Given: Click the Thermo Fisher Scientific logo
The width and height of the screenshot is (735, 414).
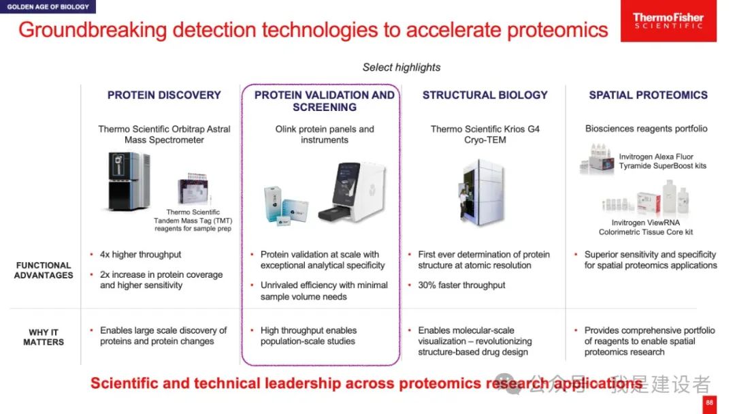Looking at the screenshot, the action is (668, 20).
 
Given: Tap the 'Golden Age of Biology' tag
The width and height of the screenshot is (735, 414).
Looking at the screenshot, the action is (48, 7).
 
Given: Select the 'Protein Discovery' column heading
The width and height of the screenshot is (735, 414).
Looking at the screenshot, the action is (164, 95).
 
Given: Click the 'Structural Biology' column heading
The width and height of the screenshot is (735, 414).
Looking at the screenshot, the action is (485, 95).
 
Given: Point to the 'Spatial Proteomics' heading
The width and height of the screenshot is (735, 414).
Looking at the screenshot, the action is (649, 95).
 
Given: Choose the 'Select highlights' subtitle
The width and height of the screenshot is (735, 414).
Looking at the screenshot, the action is (402, 67).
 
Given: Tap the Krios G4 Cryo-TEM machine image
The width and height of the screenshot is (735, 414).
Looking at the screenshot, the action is (482, 192).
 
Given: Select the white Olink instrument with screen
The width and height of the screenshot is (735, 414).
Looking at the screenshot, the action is (352, 192).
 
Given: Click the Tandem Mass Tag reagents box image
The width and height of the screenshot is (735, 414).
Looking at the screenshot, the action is (193, 189).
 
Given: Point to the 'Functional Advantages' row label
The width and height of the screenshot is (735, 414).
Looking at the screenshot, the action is (44, 270).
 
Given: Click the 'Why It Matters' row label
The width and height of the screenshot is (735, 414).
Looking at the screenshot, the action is (44, 337).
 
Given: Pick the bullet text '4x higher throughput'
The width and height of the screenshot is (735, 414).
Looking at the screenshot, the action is (140, 255).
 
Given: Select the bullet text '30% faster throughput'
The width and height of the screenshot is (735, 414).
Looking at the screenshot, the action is (461, 285).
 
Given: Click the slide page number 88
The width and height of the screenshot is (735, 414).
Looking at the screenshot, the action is (709, 403).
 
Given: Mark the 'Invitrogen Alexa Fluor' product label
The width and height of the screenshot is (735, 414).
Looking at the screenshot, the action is (656, 157).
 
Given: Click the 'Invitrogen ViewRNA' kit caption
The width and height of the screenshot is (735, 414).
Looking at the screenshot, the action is (645, 223).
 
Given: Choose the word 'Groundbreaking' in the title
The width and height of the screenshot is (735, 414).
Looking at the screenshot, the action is (93, 30).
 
